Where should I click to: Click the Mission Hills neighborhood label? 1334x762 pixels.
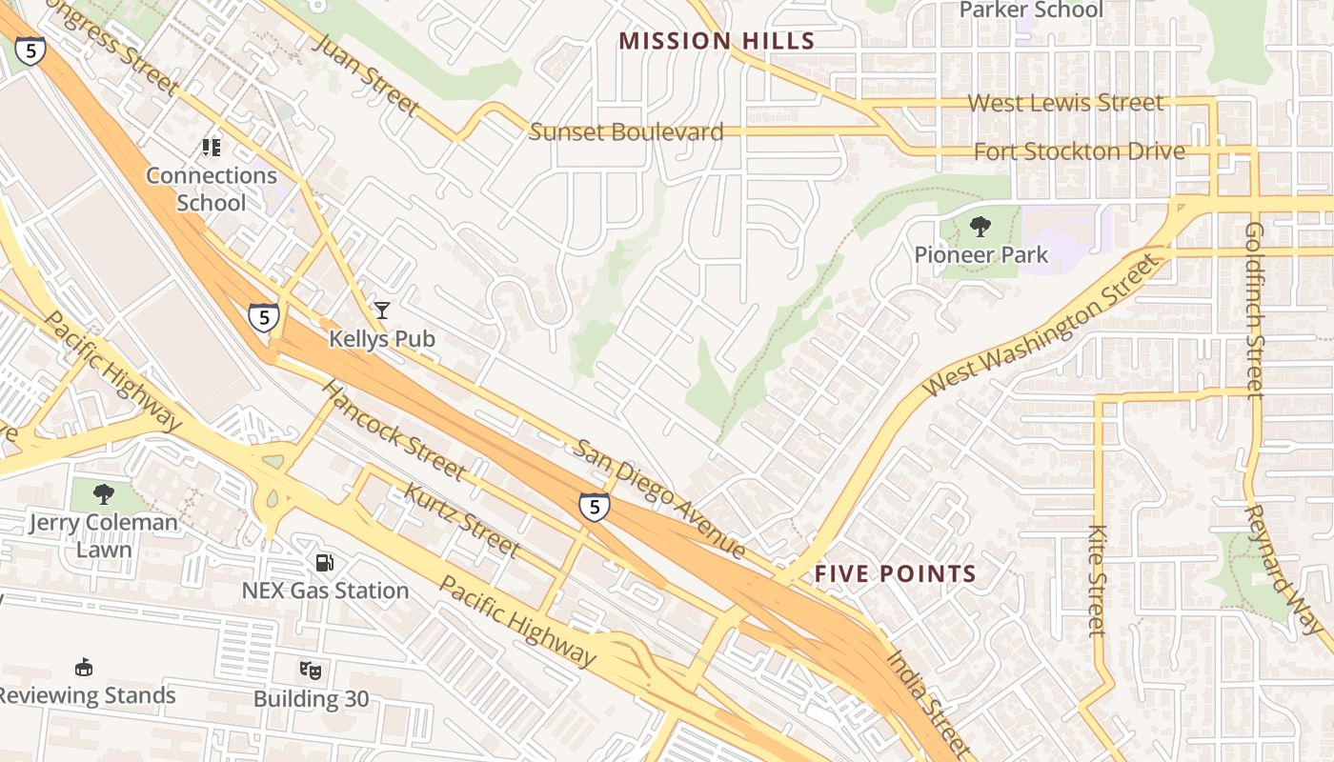[717, 41]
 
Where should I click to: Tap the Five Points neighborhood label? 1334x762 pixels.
[896, 573]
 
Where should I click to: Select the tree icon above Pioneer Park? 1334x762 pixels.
[980, 227]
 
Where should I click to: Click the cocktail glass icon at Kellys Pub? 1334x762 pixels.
[381, 310]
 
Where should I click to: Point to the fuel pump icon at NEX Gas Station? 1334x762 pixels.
[325, 562]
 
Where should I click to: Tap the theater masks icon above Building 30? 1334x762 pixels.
[311, 670]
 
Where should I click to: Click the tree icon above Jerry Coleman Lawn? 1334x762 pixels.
[103, 494]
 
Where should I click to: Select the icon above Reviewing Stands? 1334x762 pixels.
[84, 666]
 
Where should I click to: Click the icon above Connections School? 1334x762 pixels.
[211, 148]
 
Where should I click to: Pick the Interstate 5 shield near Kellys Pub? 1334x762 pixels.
[263, 317]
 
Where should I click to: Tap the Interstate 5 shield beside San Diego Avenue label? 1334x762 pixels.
[594, 507]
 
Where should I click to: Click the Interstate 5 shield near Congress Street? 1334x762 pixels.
[30, 50]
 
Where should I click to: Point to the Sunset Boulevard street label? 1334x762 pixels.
[626, 132]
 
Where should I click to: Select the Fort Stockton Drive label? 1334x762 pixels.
[1079, 151]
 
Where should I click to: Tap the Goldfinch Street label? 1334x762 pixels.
[1254, 310]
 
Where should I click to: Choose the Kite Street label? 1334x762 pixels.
[1098, 580]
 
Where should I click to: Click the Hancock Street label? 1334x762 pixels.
[393, 431]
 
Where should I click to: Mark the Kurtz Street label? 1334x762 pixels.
[462, 520]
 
